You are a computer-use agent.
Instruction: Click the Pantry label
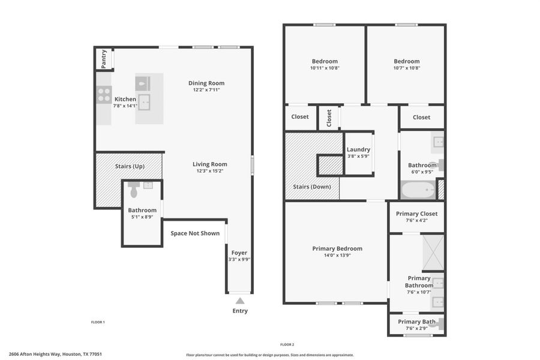(104, 58)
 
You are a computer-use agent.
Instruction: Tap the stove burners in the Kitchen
(103, 95)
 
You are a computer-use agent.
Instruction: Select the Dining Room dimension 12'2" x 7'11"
(206, 90)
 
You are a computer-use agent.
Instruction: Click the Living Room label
(209, 164)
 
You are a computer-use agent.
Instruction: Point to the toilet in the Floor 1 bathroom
(134, 191)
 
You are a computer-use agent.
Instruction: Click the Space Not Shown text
(195, 233)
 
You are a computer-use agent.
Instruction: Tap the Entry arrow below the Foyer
(239, 301)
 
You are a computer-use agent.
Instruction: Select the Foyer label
(239, 253)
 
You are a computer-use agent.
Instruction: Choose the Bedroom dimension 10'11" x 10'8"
(325, 68)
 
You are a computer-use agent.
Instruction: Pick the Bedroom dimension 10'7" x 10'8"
(406, 68)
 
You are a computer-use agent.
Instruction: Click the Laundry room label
(358, 149)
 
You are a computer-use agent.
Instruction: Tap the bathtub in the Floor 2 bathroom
(418, 191)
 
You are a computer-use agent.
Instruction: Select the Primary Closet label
(416, 214)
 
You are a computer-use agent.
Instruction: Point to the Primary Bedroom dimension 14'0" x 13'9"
(337, 255)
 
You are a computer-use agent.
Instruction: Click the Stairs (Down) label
(311, 186)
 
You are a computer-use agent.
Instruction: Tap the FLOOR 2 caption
(287, 344)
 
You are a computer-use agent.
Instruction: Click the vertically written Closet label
(329, 118)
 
